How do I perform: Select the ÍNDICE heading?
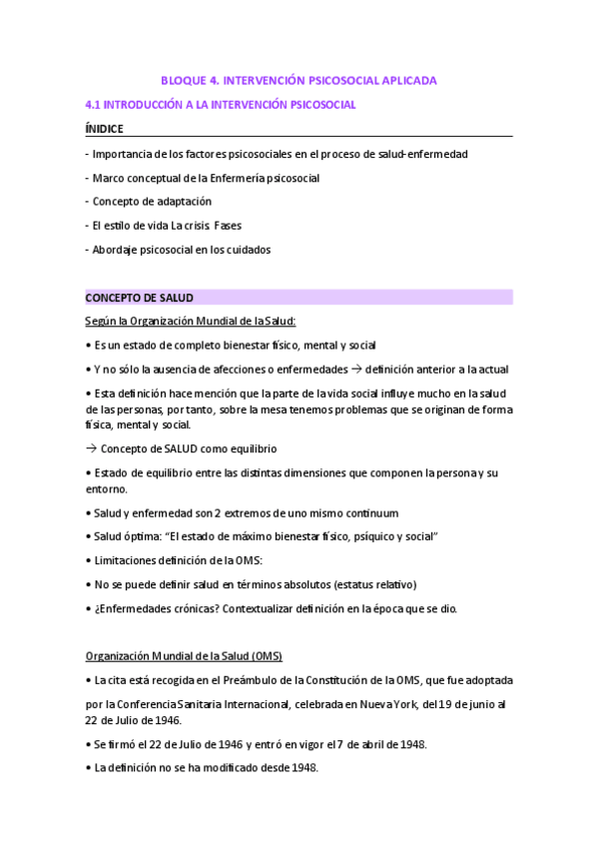click(106, 129)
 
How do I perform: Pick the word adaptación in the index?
click(182, 202)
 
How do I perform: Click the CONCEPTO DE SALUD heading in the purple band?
click(139, 298)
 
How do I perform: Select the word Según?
click(102, 321)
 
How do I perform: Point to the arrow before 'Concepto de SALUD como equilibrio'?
click(92, 449)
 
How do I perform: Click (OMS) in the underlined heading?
click(266, 656)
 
